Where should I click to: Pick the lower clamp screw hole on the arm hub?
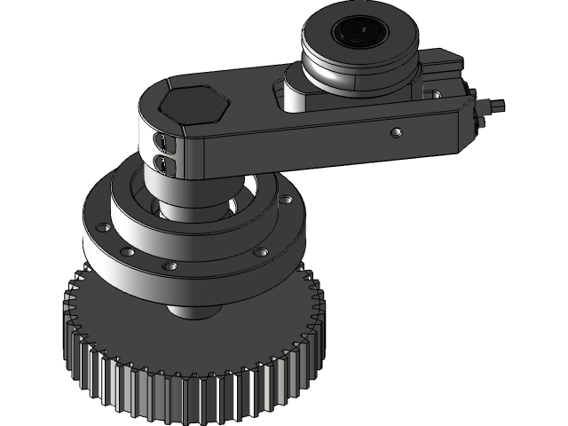(162, 162)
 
